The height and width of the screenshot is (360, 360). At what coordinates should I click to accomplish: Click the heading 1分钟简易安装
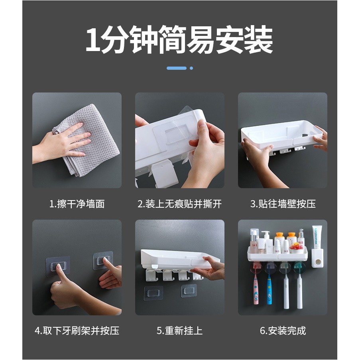[x=179, y=40]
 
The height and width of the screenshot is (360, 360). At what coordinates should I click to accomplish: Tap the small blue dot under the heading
[x=191, y=68]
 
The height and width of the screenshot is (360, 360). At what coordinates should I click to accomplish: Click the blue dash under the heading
[x=177, y=68]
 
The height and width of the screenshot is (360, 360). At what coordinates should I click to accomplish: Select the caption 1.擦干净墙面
[x=77, y=204]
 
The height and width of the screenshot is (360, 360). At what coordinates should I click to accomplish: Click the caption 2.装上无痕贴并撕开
[x=179, y=204]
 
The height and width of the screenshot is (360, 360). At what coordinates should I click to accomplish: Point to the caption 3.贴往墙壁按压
[x=283, y=204]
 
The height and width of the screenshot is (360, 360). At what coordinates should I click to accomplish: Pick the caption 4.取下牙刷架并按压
[x=77, y=330]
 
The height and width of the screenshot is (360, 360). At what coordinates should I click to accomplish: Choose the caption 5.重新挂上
[x=179, y=330]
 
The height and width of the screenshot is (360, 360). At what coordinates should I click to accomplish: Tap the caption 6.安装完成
[x=283, y=330]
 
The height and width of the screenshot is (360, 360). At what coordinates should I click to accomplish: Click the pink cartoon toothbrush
[x=256, y=290]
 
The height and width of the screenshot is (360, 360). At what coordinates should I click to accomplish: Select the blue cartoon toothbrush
[x=269, y=290]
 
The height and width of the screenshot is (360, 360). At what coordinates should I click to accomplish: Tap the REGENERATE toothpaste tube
[x=317, y=237]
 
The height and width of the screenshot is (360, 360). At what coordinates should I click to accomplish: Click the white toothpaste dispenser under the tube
[x=317, y=258]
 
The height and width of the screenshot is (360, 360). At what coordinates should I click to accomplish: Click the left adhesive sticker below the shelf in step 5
[x=153, y=293]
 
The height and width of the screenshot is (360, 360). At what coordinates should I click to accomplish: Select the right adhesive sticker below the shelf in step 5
[x=189, y=291]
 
